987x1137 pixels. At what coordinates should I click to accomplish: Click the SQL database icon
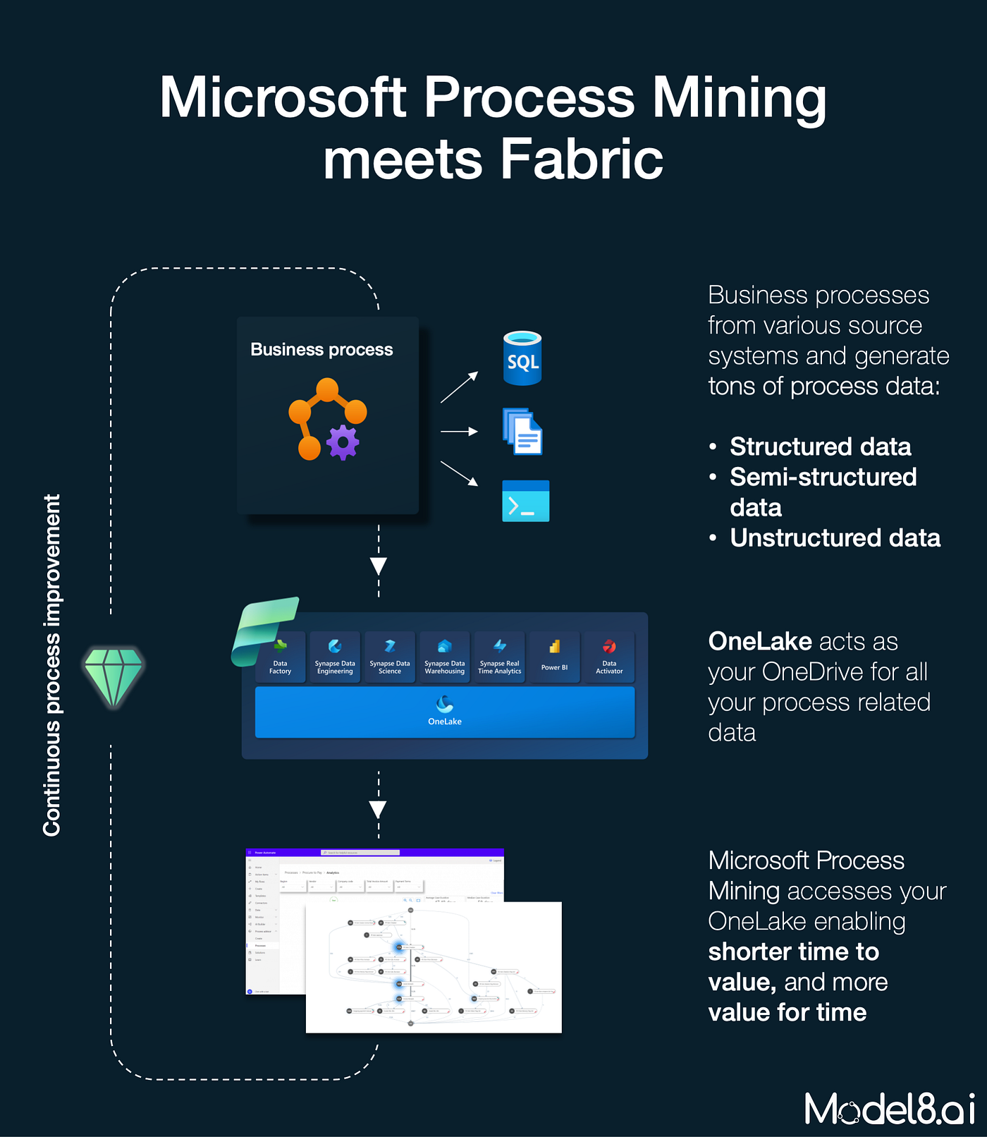[x=522, y=358]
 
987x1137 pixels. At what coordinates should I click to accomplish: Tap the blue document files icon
[x=522, y=432]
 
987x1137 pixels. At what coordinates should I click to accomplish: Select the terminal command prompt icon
[x=525, y=501]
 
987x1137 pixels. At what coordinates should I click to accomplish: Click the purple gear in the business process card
[x=343, y=442]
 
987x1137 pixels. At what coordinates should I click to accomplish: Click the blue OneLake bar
[x=445, y=712]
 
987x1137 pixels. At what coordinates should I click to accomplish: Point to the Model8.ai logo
[x=890, y=1109]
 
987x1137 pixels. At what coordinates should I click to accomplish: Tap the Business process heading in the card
[x=321, y=350]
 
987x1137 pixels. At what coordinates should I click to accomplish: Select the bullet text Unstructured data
[x=835, y=538]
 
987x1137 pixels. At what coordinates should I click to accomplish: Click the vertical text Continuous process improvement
[x=52, y=664]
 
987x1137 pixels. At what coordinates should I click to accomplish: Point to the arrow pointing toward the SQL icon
[x=460, y=387]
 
